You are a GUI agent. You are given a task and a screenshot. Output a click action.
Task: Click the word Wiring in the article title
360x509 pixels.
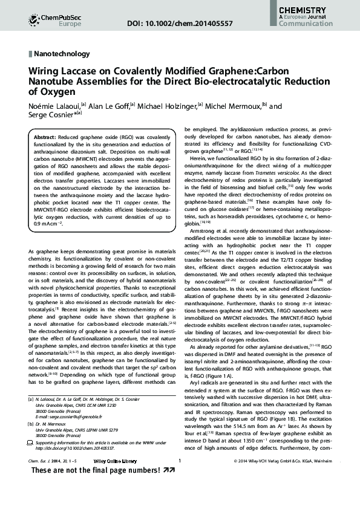point(42,71)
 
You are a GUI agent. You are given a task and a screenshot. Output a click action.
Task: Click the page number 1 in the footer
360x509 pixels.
point(180,479)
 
